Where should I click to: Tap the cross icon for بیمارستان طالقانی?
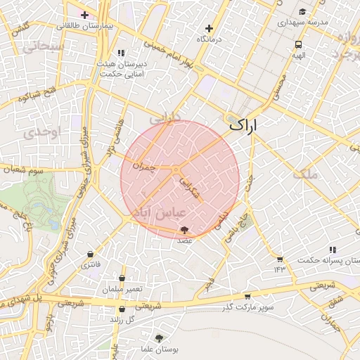(x=84, y=14)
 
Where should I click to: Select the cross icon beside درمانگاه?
(x=209, y=28)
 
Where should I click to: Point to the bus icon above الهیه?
(x=299, y=44)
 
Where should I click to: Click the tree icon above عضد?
(x=184, y=230)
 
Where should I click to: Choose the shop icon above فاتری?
(x=91, y=255)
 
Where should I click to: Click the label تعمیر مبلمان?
(x=122, y=290)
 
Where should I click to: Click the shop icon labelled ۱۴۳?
(x=280, y=259)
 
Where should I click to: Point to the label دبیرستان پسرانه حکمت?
(x=333, y=260)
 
